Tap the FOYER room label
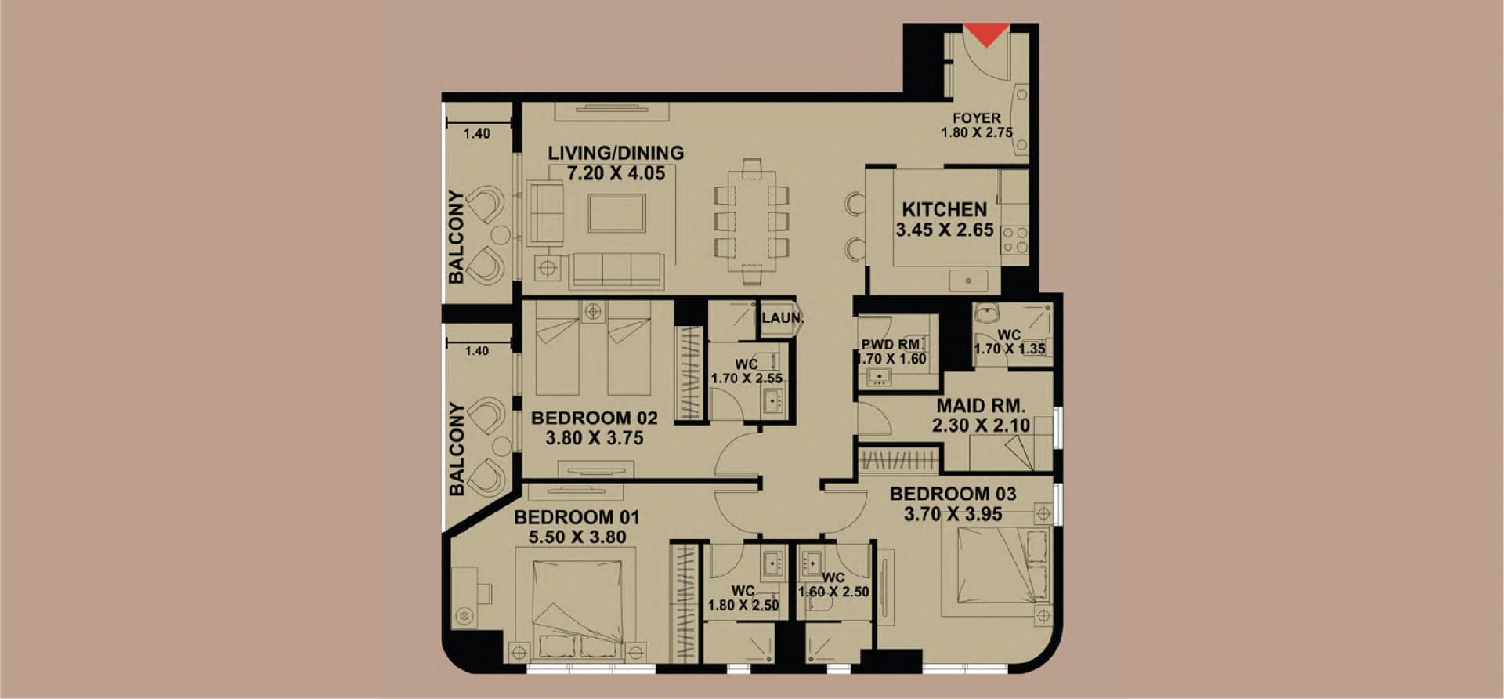pos(976,118)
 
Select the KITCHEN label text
pos(945,210)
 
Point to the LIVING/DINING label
pos(616,153)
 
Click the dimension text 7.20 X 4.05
pos(616,173)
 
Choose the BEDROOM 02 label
pos(595,418)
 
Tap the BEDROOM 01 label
pos(577,517)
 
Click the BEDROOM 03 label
pos(953,494)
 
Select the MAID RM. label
pos(982,406)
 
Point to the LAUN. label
pos(783,318)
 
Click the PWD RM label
pos(891,345)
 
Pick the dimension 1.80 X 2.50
pos(743,605)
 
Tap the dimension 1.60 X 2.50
pos(833,592)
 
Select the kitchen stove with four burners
pos(1014,240)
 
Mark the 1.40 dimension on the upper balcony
pos(476,134)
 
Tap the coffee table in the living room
pos(617,213)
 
